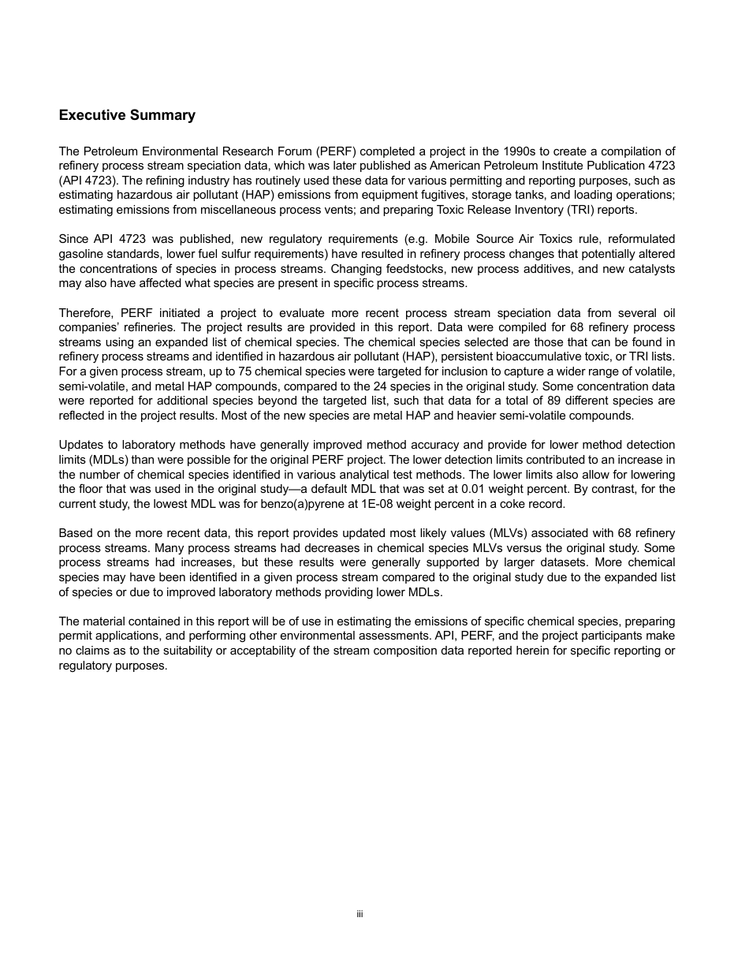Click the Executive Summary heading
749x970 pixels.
tap(127, 115)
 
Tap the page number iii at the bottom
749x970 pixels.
tap(360, 914)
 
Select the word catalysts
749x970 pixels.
tap(649, 268)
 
